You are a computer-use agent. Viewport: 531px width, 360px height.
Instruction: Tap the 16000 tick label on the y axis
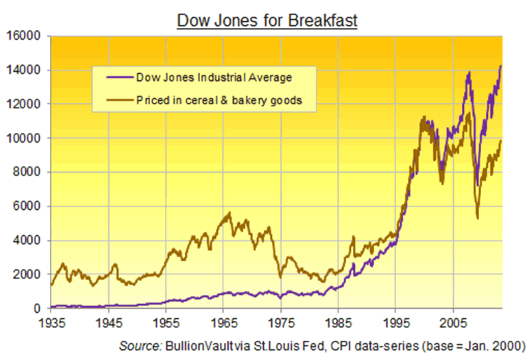point(25,36)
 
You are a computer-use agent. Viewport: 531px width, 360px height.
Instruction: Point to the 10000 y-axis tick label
point(25,138)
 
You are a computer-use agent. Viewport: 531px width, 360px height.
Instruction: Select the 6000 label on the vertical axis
point(28,207)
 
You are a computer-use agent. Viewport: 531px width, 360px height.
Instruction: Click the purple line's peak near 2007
point(470,72)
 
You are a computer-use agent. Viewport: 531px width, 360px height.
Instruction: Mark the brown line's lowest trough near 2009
point(478,217)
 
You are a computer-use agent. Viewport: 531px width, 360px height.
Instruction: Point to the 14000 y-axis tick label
point(25,70)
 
